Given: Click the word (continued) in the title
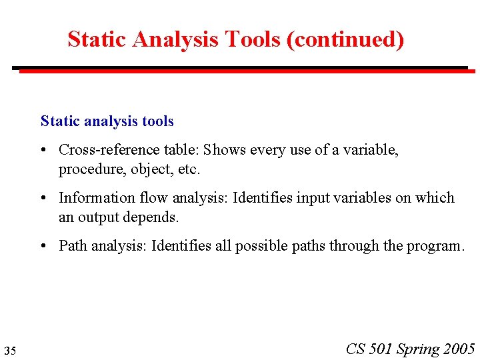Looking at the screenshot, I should point(345,40).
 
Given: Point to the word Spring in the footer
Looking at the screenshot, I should point(418,349).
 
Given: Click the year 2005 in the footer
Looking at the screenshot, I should point(459,349).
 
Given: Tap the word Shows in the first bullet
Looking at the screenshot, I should point(223,150).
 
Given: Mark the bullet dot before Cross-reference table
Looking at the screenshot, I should point(44,151).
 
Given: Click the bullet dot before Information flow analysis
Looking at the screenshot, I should point(44,199).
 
